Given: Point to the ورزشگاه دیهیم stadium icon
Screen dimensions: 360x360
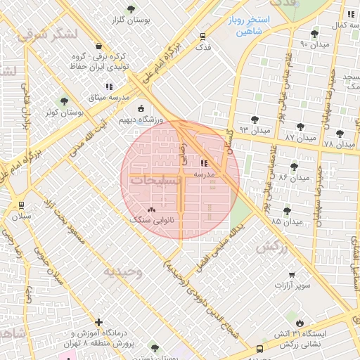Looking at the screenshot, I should (141, 109).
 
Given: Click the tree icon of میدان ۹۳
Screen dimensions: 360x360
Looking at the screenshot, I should (255, 120).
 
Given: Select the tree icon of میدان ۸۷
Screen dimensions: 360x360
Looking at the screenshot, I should (300, 127).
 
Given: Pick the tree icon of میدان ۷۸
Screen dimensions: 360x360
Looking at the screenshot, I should (340, 134).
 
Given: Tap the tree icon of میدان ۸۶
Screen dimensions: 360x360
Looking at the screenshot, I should (294, 167).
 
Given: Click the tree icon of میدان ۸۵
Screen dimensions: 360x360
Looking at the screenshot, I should (286, 210).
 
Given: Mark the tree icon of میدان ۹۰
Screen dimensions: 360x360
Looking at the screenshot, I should (314, 33).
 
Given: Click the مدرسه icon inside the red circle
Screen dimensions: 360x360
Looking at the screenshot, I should (204, 162).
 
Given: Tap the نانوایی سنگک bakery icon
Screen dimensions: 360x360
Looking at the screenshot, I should (153, 209).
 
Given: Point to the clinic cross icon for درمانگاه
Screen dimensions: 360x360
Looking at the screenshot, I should (98, 322).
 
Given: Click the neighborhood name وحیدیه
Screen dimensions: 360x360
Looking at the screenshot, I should (123, 271).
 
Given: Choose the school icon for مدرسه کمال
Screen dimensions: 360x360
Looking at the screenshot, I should (349, 13).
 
